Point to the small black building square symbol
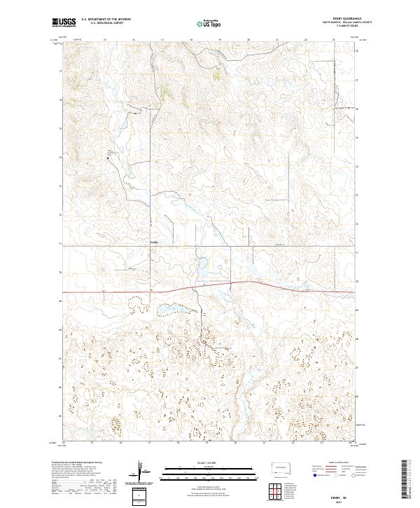[x=108, y=159]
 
